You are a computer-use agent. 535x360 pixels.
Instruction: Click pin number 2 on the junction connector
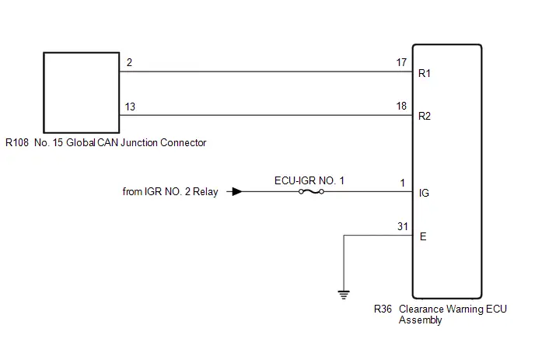pyautogui.click(x=129, y=62)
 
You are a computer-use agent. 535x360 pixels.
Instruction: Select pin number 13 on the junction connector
pyautogui.click(x=130, y=107)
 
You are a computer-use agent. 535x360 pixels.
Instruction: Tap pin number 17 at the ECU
pyautogui.click(x=401, y=62)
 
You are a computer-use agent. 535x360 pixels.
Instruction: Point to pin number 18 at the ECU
pyautogui.click(x=401, y=106)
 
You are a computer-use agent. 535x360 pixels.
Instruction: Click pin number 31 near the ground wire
pyautogui.click(x=403, y=226)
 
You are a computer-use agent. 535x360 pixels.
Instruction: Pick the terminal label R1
pyautogui.click(x=425, y=73)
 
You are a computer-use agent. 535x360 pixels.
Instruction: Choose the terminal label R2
pyautogui.click(x=425, y=117)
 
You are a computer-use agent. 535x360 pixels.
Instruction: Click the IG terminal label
pyautogui.click(x=424, y=193)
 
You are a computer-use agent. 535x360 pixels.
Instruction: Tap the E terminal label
pyautogui.click(x=423, y=236)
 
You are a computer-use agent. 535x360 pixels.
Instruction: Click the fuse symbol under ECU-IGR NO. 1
pyautogui.click(x=311, y=192)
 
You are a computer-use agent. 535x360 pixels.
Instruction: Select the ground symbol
pyautogui.click(x=344, y=295)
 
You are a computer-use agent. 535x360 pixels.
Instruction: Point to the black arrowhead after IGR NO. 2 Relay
pyautogui.click(x=237, y=192)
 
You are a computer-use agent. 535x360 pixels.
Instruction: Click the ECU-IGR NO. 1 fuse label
pyautogui.click(x=309, y=180)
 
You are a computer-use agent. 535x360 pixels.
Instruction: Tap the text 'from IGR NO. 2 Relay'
pyautogui.click(x=170, y=192)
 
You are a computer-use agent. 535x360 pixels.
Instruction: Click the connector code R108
pyautogui.click(x=17, y=142)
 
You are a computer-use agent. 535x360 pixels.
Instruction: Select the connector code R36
pyautogui.click(x=383, y=309)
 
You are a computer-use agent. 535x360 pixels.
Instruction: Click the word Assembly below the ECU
pyautogui.click(x=421, y=320)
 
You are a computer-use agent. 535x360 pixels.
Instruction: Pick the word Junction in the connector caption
pyautogui.click(x=139, y=142)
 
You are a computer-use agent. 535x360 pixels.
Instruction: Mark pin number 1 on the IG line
pyautogui.click(x=403, y=183)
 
